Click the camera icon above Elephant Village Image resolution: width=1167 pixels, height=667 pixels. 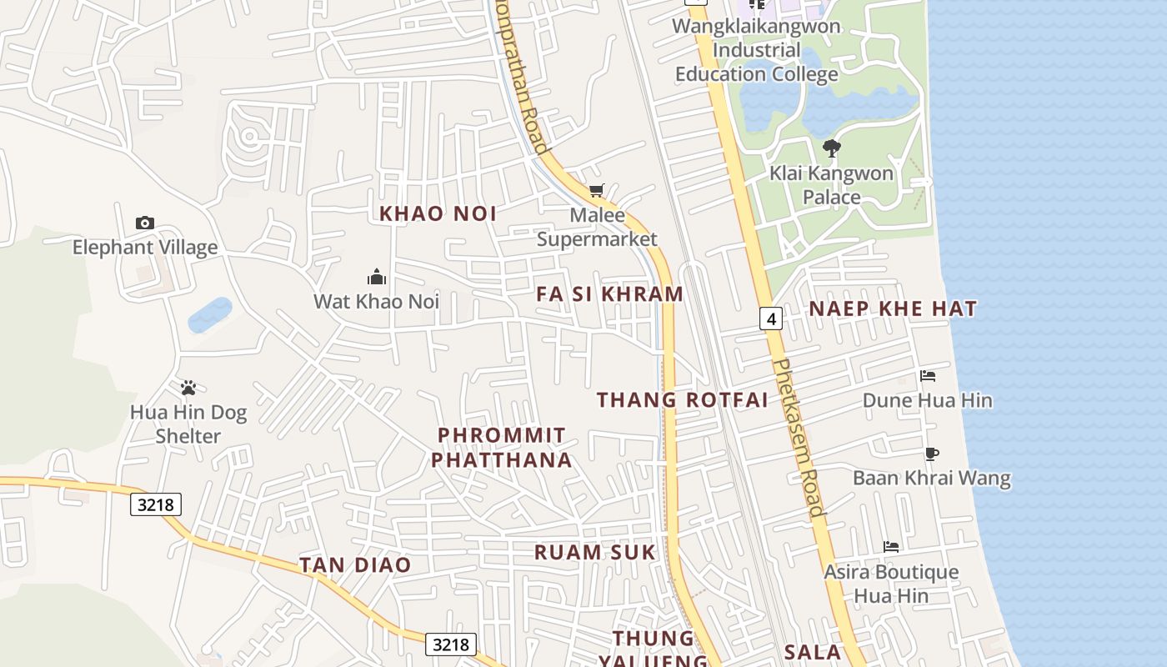pyautogui.click(x=145, y=223)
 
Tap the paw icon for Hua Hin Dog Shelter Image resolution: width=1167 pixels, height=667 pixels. pyautogui.click(x=188, y=388)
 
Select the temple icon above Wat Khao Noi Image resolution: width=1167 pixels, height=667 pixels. pyautogui.click(x=377, y=276)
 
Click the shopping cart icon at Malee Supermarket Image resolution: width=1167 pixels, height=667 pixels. pyautogui.click(x=596, y=191)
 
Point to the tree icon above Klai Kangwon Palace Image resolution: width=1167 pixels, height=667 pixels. pyautogui.click(x=831, y=148)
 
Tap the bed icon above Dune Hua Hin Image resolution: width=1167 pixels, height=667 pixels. pyautogui.click(x=928, y=376)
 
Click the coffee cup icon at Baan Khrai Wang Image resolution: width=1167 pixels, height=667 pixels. pyautogui.click(x=932, y=454)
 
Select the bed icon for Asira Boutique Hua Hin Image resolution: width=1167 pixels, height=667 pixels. pyautogui.click(x=891, y=547)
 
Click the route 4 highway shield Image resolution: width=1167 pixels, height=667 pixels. pyautogui.click(x=771, y=318)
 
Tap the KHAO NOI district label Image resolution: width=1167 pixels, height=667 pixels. pyautogui.click(x=438, y=213)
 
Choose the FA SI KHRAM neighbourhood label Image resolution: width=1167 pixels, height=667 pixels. pyautogui.click(x=610, y=294)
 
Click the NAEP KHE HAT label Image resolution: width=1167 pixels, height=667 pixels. pyautogui.click(x=893, y=308)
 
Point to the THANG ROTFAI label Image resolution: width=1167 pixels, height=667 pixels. pyautogui.click(x=683, y=400)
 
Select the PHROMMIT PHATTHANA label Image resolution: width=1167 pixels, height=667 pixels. pyautogui.click(x=502, y=448)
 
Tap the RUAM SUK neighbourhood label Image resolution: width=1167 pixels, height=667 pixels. pyautogui.click(x=595, y=552)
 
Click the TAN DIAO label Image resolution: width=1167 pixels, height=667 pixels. pyautogui.click(x=356, y=565)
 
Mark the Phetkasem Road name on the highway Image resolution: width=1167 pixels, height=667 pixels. pyautogui.click(x=799, y=437)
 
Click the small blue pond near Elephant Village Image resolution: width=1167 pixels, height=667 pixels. pyautogui.click(x=209, y=315)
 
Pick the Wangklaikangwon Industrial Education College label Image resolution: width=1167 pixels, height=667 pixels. pyautogui.click(x=756, y=50)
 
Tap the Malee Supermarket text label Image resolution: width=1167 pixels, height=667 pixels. pyautogui.click(x=597, y=228)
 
